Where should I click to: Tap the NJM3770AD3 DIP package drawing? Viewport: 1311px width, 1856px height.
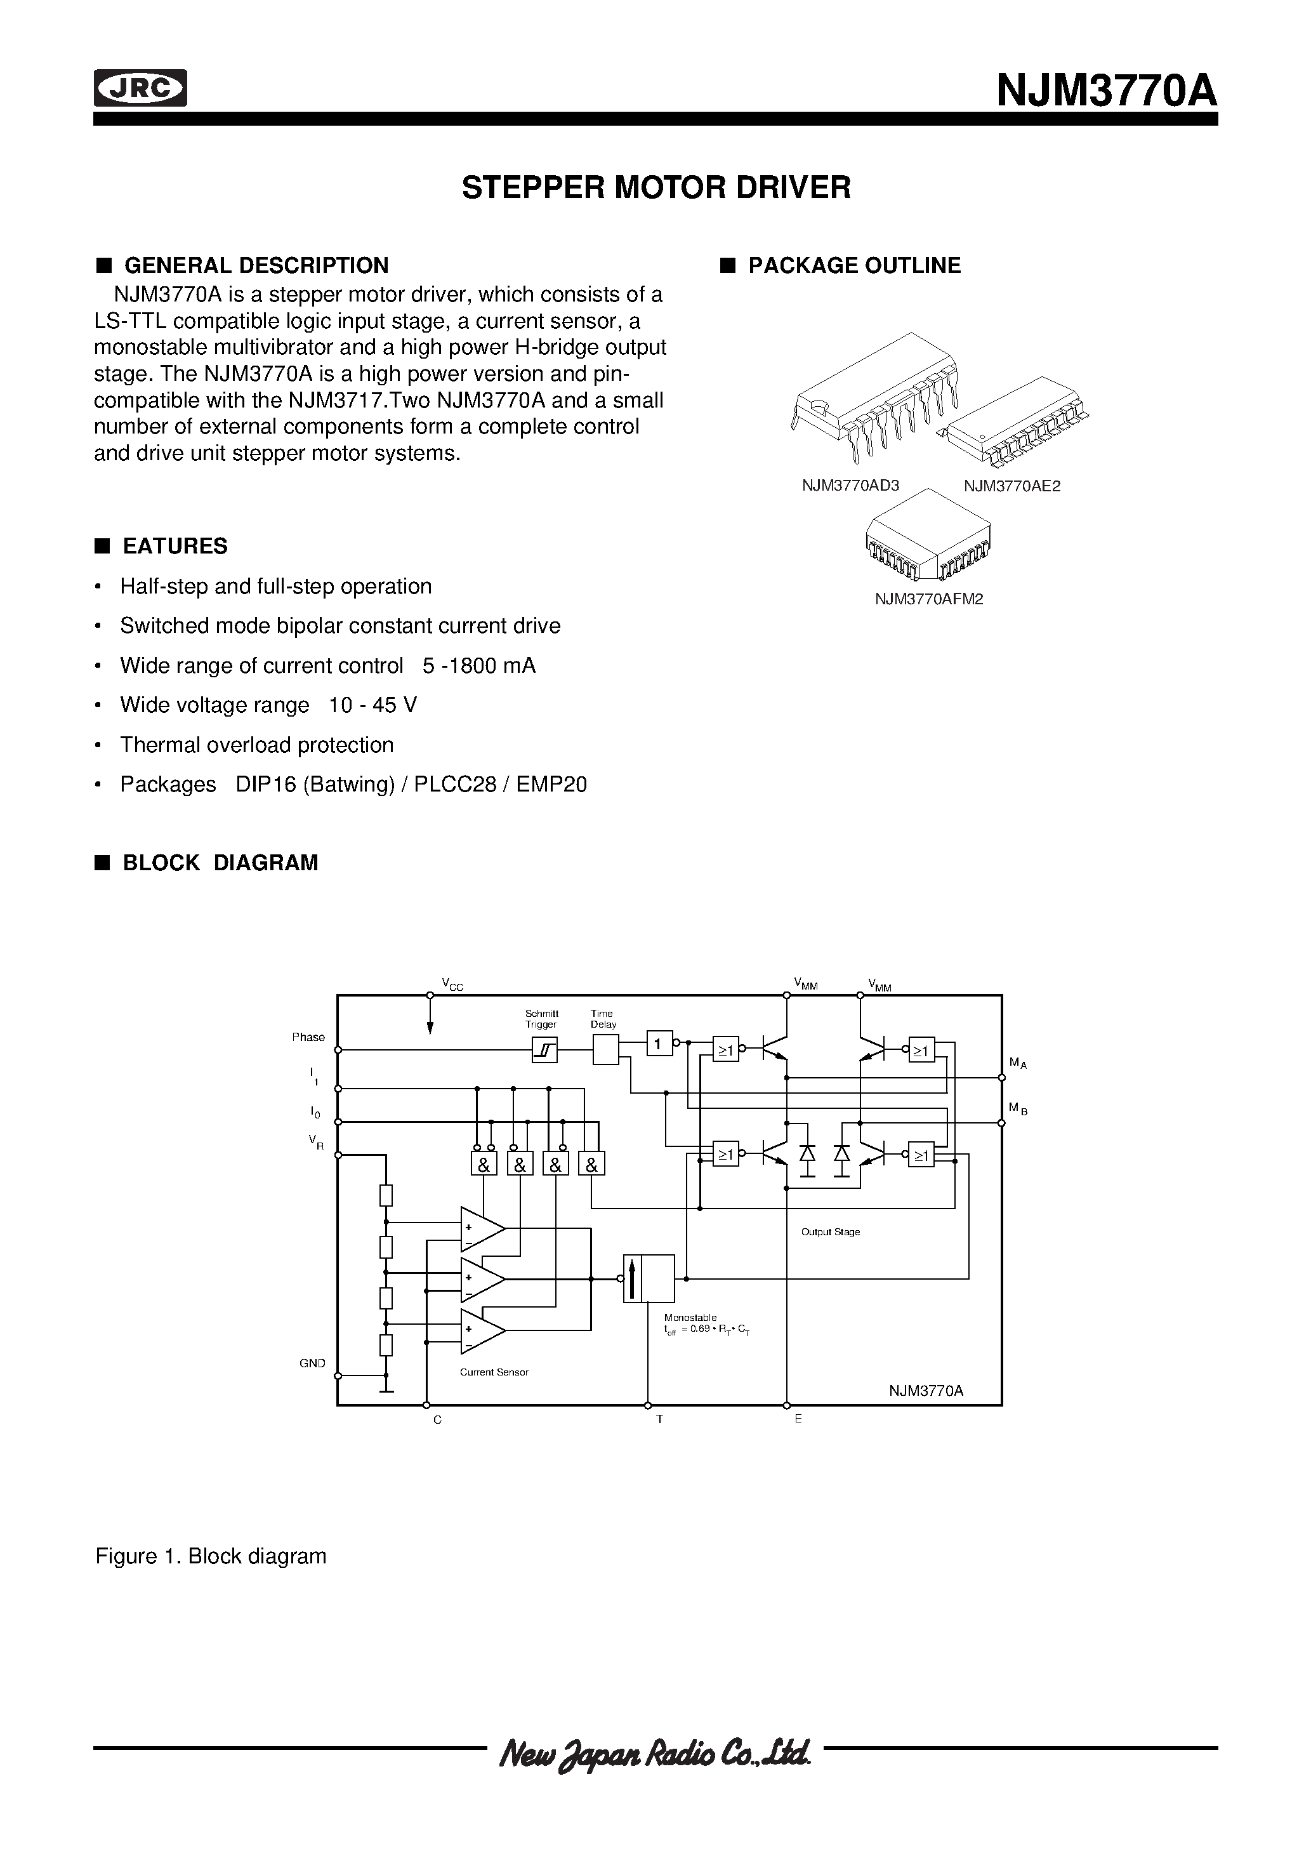click(x=875, y=396)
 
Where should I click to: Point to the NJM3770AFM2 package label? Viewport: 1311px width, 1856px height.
click(x=929, y=599)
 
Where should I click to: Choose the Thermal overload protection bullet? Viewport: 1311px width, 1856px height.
click(x=256, y=745)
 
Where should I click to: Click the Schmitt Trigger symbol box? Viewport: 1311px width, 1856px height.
click(x=544, y=1050)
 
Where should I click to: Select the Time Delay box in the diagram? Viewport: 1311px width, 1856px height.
click(x=605, y=1050)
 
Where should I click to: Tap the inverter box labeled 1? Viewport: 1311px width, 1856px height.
click(x=659, y=1044)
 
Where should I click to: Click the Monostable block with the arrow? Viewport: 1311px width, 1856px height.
click(x=649, y=1278)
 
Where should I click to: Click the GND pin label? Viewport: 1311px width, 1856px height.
click(x=312, y=1363)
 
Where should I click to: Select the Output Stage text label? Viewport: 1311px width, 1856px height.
click(x=830, y=1232)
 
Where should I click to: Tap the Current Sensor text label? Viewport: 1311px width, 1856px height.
click(x=494, y=1372)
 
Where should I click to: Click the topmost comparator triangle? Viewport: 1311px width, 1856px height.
click(x=481, y=1229)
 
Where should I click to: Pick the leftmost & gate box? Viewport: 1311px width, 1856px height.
click(x=484, y=1165)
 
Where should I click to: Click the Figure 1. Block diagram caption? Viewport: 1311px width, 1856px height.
click(x=211, y=1556)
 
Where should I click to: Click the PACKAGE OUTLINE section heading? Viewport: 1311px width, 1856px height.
click(x=853, y=265)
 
